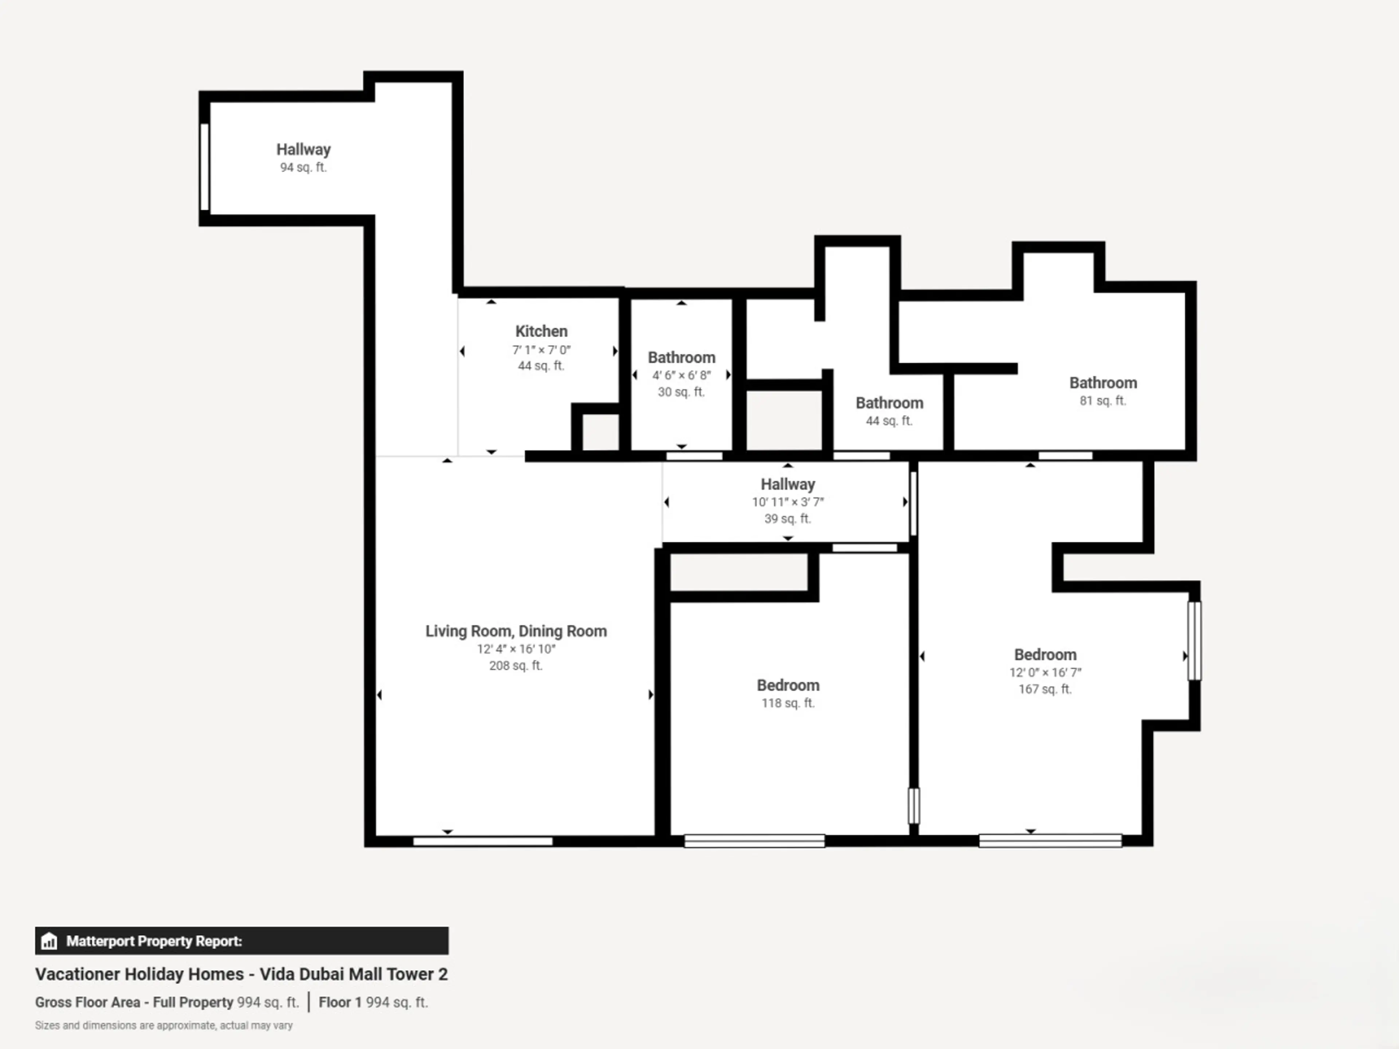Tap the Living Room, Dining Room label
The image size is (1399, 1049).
[x=516, y=631]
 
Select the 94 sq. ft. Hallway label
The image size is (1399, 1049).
[x=303, y=150]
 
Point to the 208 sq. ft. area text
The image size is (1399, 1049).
[x=516, y=665]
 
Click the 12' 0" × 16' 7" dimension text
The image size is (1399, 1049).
[x=1046, y=672]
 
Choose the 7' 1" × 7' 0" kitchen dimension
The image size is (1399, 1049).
[x=541, y=350]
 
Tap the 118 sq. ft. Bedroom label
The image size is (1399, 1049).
[x=788, y=685]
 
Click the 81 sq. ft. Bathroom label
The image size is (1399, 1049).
[x=1103, y=383]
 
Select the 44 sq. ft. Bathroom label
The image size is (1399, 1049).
[x=889, y=404]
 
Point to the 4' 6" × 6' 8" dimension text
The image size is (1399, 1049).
[x=682, y=375]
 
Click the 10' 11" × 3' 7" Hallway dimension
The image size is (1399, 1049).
[x=788, y=502]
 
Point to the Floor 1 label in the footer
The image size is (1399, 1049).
[x=340, y=1002]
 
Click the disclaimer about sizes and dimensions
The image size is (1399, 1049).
[x=164, y=1025]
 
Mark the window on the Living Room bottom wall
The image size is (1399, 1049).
[x=483, y=841]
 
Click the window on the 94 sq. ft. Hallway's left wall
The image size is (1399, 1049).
[x=204, y=167]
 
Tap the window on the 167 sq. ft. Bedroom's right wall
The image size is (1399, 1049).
[x=1194, y=641]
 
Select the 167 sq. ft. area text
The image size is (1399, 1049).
[x=1046, y=689]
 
